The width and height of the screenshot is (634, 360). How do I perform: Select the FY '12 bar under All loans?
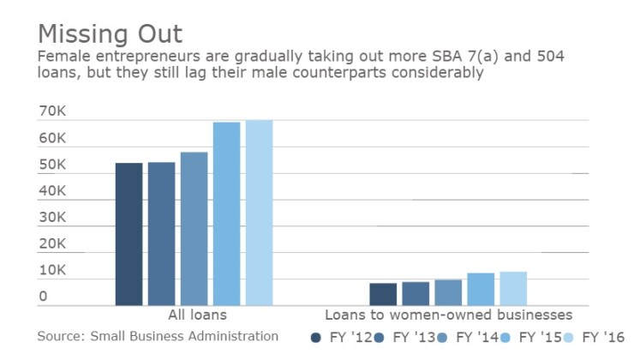coord(129,234)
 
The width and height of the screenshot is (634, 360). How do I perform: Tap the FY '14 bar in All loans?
coord(194,229)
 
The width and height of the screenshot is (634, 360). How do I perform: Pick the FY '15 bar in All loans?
coord(226,213)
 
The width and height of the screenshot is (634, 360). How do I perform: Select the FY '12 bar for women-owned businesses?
coord(383,294)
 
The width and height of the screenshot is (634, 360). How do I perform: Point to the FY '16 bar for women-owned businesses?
coord(513,288)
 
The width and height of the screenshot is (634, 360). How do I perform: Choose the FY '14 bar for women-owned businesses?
coord(448,292)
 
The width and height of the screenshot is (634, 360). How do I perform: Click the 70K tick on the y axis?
coord(52,111)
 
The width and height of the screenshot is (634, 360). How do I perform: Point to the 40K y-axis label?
coord(52,191)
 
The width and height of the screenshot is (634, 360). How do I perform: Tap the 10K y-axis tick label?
coord(52,270)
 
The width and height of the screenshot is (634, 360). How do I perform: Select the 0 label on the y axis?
coord(43,297)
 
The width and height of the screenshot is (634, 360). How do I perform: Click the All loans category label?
coord(193,315)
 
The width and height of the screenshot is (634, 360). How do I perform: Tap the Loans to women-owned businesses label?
coord(448,315)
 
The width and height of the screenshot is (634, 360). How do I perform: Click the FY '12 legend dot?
coord(316,338)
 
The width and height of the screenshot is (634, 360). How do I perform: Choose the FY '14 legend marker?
coord(443,338)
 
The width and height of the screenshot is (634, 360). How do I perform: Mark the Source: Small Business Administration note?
coord(158,336)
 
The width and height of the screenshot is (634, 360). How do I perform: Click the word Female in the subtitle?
coord(64,57)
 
